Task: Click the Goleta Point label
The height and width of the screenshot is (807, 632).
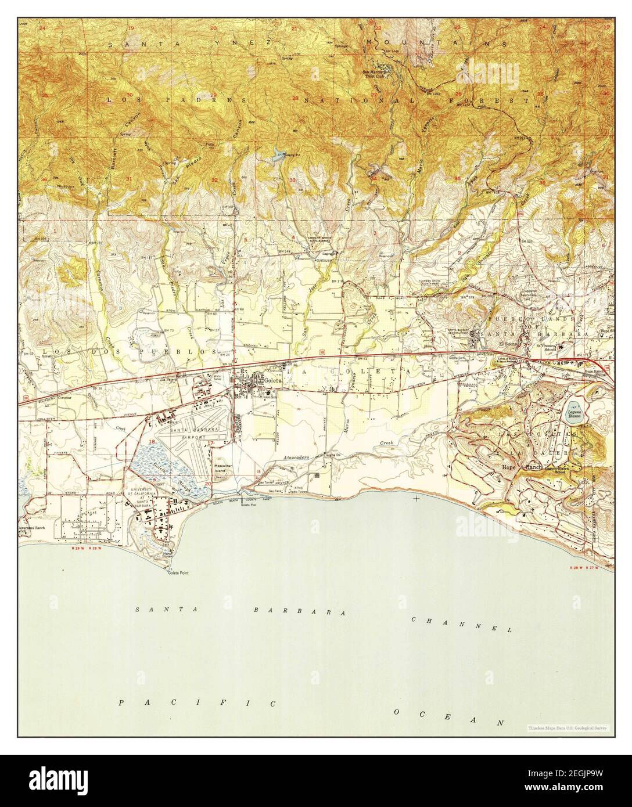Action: (x=177, y=572)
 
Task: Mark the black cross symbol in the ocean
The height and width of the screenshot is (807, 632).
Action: (x=416, y=498)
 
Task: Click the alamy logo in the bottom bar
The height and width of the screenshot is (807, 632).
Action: (x=58, y=780)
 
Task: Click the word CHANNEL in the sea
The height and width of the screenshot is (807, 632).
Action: (x=461, y=625)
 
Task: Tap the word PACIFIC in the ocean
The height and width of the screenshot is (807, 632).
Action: (x=196, y=703)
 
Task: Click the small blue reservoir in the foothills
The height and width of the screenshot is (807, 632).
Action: (x=277, y=154)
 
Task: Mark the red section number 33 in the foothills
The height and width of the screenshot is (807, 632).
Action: (x=293, y=181)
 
